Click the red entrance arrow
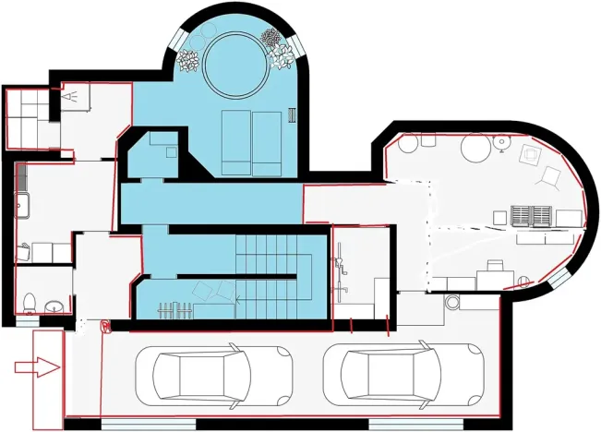coord(37,367)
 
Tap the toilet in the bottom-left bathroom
coord(30,301)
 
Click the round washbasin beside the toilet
coord(54,306)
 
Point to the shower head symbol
coord(70,94)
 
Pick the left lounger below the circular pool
coord(236,141)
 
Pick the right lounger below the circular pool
coord(266,141)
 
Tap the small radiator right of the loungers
coord(292,115)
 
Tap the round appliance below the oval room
coord(452,302)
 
